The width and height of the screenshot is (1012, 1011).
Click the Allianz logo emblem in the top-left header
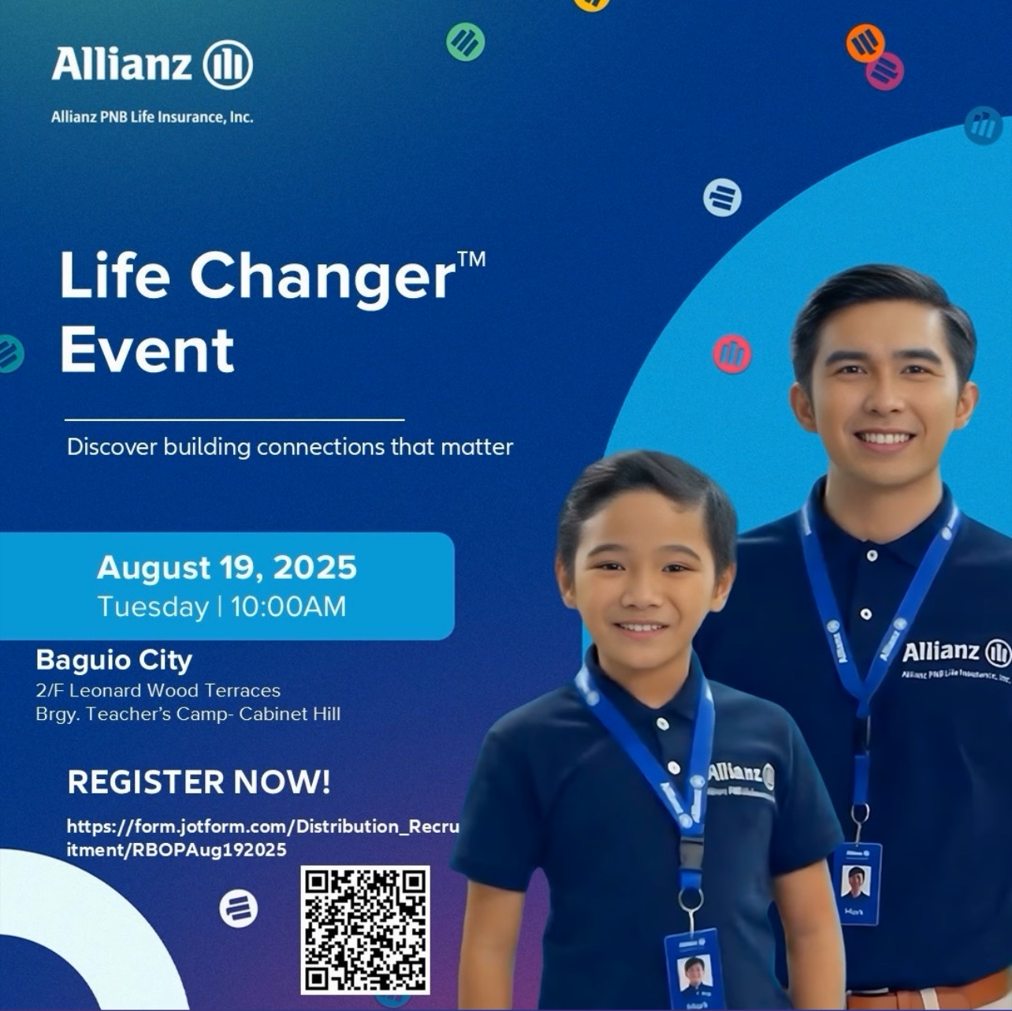[228, 65]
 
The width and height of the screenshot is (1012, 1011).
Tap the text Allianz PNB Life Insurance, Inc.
[152, 117]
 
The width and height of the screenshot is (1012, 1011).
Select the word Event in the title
[147, 349]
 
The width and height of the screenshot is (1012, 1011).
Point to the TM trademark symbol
[471, 259]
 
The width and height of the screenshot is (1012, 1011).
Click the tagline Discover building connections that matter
[290, 447]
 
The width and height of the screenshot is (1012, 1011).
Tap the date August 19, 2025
[227, 568]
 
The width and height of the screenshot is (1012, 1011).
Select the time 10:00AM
[288, 606]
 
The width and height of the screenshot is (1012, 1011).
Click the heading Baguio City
[114, 660]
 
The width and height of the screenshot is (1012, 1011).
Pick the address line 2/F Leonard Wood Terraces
[158, 690]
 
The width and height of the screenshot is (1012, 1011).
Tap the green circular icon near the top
[465, 42]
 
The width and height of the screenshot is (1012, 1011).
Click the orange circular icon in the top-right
[865, 43]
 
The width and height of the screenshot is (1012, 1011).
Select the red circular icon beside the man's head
[732, 354]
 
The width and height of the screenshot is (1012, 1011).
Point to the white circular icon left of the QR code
[239, 908]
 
